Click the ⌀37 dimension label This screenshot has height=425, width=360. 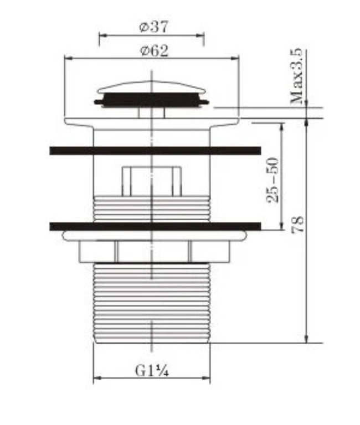click(x=154, y=27)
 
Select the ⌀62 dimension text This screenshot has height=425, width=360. click(x=154, y=51)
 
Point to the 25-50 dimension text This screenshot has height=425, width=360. click(x=272, y=180)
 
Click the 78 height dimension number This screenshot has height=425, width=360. click(x=297, y=225)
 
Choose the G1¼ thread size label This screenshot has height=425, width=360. click(x=152, y=371)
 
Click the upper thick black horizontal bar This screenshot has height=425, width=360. click(x=155, y=151)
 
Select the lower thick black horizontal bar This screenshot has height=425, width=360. click(x=155, y=226)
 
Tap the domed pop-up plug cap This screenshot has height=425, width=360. click(x=152, y=87)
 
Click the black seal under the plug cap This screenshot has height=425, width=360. click(x=151, y=100)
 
